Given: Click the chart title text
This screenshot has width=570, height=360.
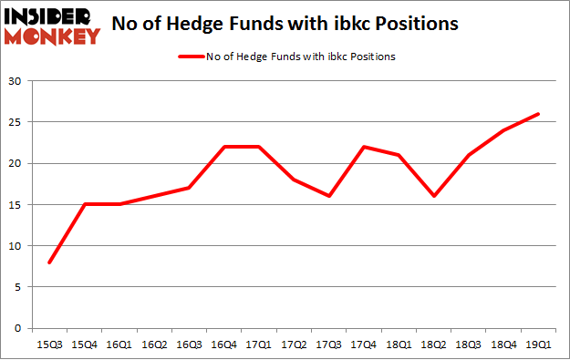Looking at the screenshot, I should (297, 26).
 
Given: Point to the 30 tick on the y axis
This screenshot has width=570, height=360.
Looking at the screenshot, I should (15, 81).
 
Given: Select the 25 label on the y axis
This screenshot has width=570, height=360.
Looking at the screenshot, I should (15, 122).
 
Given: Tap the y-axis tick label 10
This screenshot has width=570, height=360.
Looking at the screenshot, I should (15, 246).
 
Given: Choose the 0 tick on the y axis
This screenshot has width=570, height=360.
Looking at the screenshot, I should (17, 328).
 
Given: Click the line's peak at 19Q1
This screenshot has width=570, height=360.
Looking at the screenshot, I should (537, 114).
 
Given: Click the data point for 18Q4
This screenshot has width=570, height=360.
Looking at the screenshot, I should (503, 130).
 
